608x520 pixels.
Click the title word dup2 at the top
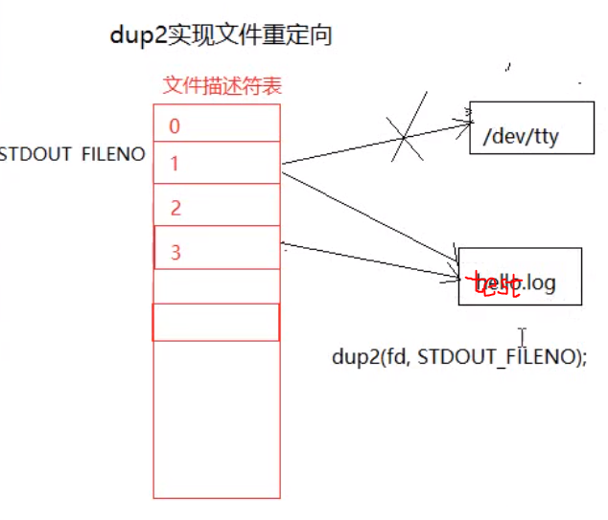pos(138,36)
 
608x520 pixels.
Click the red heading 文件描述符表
pos(222,85)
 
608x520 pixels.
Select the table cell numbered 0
pos(217,125)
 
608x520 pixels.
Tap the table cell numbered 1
pos(217,164)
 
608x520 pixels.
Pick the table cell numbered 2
pos(217,208)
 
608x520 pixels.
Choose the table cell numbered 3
pos(217,252)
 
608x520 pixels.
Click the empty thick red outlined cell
pos(217,322)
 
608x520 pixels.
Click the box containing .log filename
pos(520,277)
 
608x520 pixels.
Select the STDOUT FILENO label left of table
pos(73,153)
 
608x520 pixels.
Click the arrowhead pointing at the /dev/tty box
pos(468,122)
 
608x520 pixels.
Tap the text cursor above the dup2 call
pos(522,336)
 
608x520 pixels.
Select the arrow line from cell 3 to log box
pos(374,260)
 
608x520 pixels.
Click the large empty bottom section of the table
pos(217,421)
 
